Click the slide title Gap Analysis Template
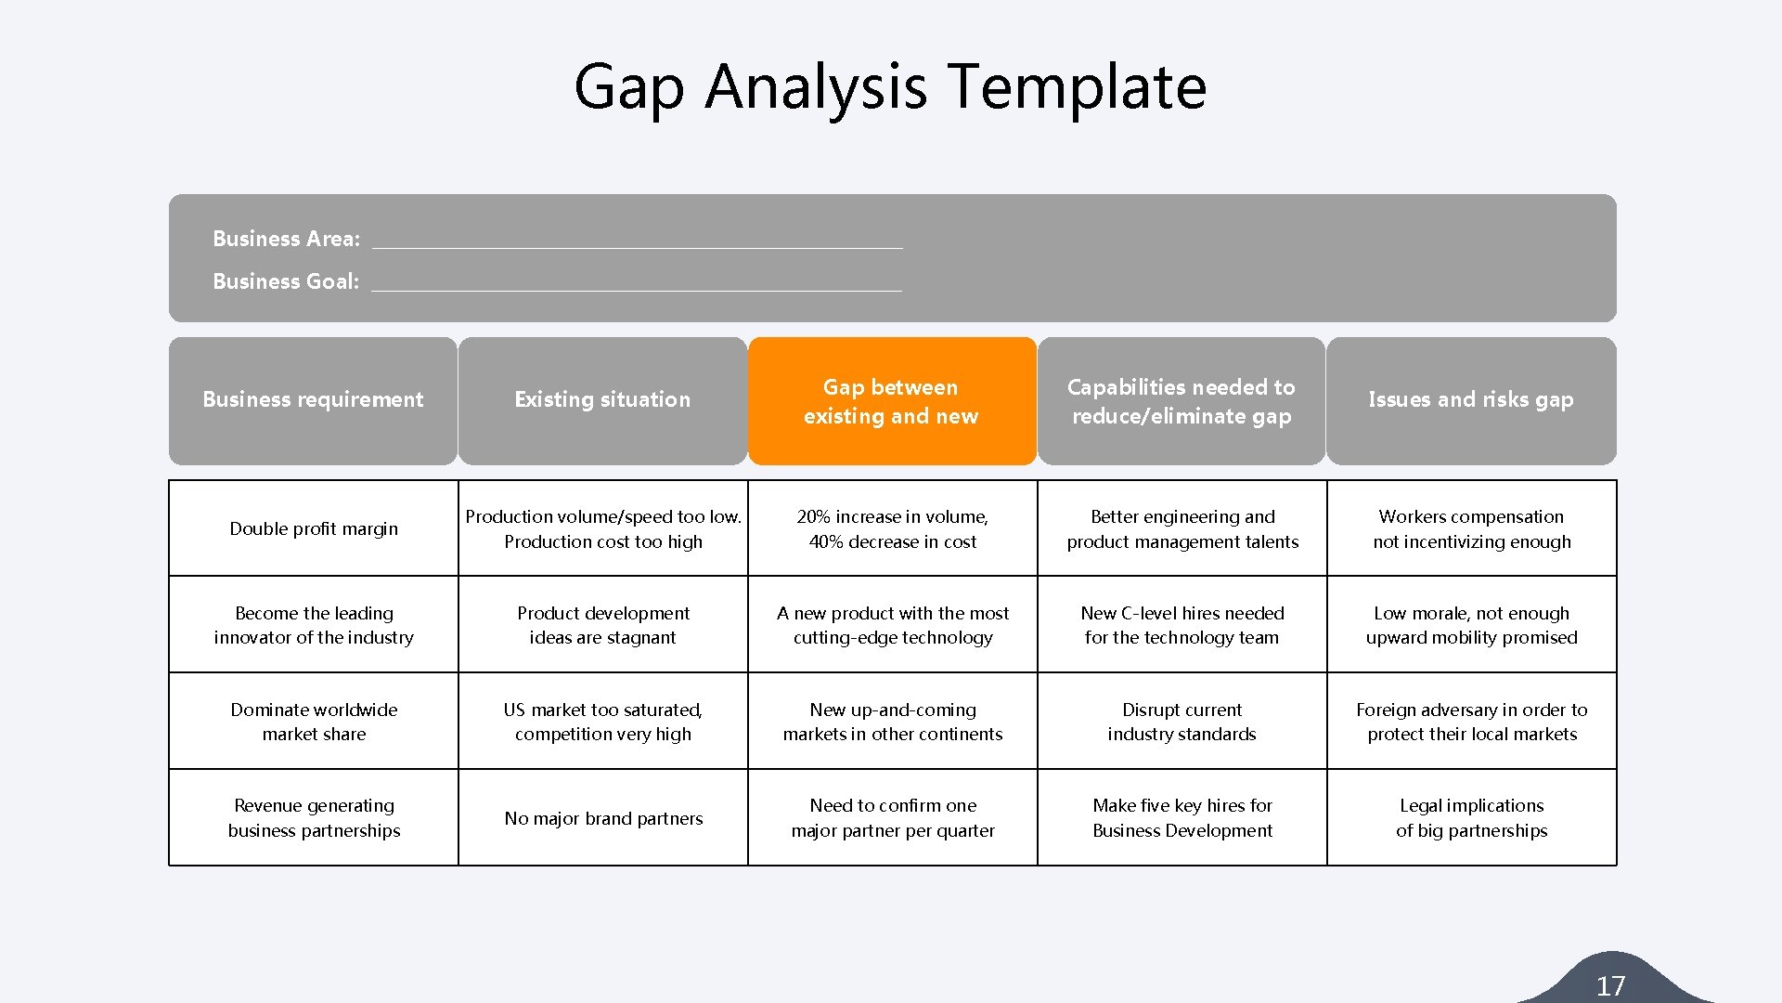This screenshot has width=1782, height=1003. pyautogui.click(x=890, y=86)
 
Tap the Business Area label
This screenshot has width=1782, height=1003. pyautogui.click(x=286, y=239)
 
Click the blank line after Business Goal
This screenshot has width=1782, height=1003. pyautogui.click(x=636, y=282)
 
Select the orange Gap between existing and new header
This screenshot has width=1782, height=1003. pyautogui.click(x=891, y=401)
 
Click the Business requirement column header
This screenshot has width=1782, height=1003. pyautogui.click(x=313, y=400)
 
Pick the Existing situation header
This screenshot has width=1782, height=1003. pyautogui.click(x=602, y=400)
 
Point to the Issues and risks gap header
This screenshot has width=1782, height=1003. pyautogui.click(x=1471, y=400)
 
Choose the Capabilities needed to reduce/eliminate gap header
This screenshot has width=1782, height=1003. pyautogui.click(x=1182, y=401)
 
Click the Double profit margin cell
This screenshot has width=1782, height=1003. pyautogui.click(x=314, y=528)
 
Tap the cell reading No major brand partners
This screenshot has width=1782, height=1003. pyautogui.click(x=603, y=818)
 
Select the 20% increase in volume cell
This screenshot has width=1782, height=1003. pyautogui.click(x=893, y=528)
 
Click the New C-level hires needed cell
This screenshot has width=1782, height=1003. pyautogui.click(x=1182, y=625)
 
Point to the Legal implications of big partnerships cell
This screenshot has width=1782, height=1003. pyautogui.click(x=1471, y=818)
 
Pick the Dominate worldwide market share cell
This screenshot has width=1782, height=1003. pyautogui.click(x=314, y=722)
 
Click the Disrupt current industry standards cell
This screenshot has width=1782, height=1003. pyautogui.click(x=1182, y=722)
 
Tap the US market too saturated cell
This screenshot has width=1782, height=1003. pyautogui.click(x=603, y=722)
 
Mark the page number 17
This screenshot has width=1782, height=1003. pyautogui.click(x=1610, y=985)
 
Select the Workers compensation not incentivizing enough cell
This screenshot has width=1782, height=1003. pyautogui.click(x=1471, y=528)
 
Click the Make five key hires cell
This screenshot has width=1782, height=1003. pyautogui.click(x=1182, y=818)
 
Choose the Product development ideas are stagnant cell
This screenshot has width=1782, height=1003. pyautogui.click(x=603, y=625)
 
